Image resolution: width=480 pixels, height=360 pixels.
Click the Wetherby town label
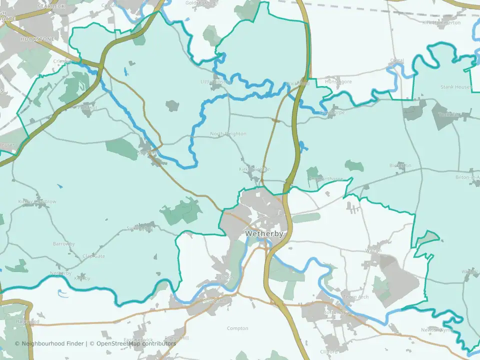click(264, 233)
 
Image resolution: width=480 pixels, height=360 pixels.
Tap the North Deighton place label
click(228, 134)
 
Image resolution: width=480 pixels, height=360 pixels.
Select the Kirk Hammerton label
click(440, 22)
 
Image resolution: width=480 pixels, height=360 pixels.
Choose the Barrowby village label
click(63, 244)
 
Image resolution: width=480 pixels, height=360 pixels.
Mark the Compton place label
click(237, 328)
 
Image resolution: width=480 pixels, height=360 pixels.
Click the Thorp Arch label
click(356, 297)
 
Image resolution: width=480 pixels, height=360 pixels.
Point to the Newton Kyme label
click(435, 329)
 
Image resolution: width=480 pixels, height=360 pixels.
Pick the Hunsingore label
click(338, 81)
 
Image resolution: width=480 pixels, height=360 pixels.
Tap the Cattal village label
click(397, 61)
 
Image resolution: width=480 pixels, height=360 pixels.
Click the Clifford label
click(329, 351)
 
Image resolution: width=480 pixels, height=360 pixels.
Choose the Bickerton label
click(400, 165)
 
